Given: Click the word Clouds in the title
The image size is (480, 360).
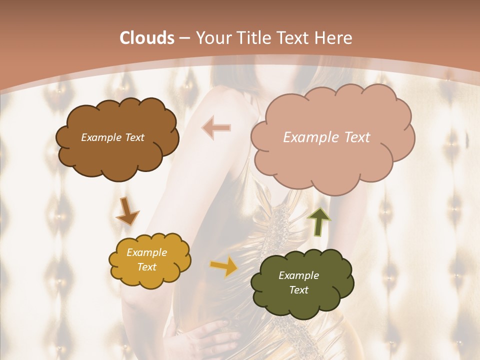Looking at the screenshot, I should [x=146, y=38].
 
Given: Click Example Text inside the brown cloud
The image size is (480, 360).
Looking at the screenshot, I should [x=112, y=137].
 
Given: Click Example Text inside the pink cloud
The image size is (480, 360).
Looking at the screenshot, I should [x=326, y=137].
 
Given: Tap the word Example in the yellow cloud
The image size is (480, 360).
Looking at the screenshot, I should [x=146, y=252].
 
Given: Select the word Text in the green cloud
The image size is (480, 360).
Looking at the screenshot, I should [x=298, y=290].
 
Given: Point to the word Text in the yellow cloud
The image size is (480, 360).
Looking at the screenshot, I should [x=146, y=267].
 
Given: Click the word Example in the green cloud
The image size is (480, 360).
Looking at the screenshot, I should [x=298, y=275].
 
